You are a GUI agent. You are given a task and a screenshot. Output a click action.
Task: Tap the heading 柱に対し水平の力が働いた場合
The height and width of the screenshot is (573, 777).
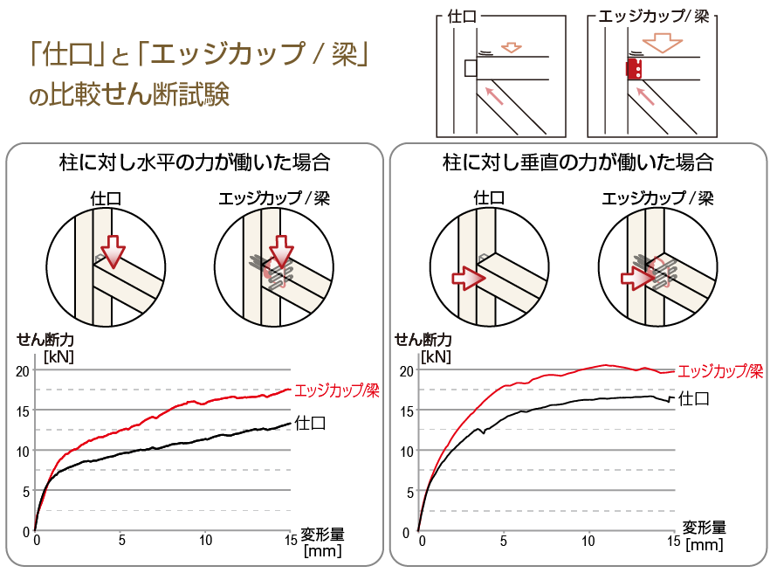pos(195,162)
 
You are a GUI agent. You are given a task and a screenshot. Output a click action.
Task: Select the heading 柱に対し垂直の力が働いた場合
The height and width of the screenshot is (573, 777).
pos(578,162)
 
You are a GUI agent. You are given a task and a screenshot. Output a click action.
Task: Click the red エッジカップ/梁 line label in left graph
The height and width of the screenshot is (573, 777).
pos(336,390)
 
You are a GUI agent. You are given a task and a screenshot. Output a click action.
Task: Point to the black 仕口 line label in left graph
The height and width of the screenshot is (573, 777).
pos(311,424)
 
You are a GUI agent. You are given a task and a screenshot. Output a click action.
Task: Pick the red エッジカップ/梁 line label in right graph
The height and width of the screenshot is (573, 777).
pos(720,370)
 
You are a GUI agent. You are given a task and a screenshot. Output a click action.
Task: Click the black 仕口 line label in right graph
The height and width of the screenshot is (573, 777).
pos(693,399)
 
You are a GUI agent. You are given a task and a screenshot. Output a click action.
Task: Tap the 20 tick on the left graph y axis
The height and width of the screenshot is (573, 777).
pos(22,370)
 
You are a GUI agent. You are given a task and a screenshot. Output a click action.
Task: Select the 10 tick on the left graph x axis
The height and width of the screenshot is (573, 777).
pos(205,541)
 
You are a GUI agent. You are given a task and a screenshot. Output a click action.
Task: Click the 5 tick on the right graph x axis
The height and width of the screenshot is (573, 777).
pos(504,541)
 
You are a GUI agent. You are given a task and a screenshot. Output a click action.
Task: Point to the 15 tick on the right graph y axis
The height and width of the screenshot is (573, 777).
pos(406,411)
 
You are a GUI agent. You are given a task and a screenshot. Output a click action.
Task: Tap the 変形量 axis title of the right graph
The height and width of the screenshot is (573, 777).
pos(704,528)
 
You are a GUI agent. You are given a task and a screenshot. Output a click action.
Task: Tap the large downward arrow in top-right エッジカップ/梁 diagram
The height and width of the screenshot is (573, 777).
pos(661,42)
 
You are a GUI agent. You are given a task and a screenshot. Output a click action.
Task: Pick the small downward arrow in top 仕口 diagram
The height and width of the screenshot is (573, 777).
pos(512,45)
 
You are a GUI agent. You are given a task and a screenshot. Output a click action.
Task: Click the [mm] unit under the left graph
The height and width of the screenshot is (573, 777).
pos(321,551)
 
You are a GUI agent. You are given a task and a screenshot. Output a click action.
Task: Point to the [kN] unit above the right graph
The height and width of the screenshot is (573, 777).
pos(436,356)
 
